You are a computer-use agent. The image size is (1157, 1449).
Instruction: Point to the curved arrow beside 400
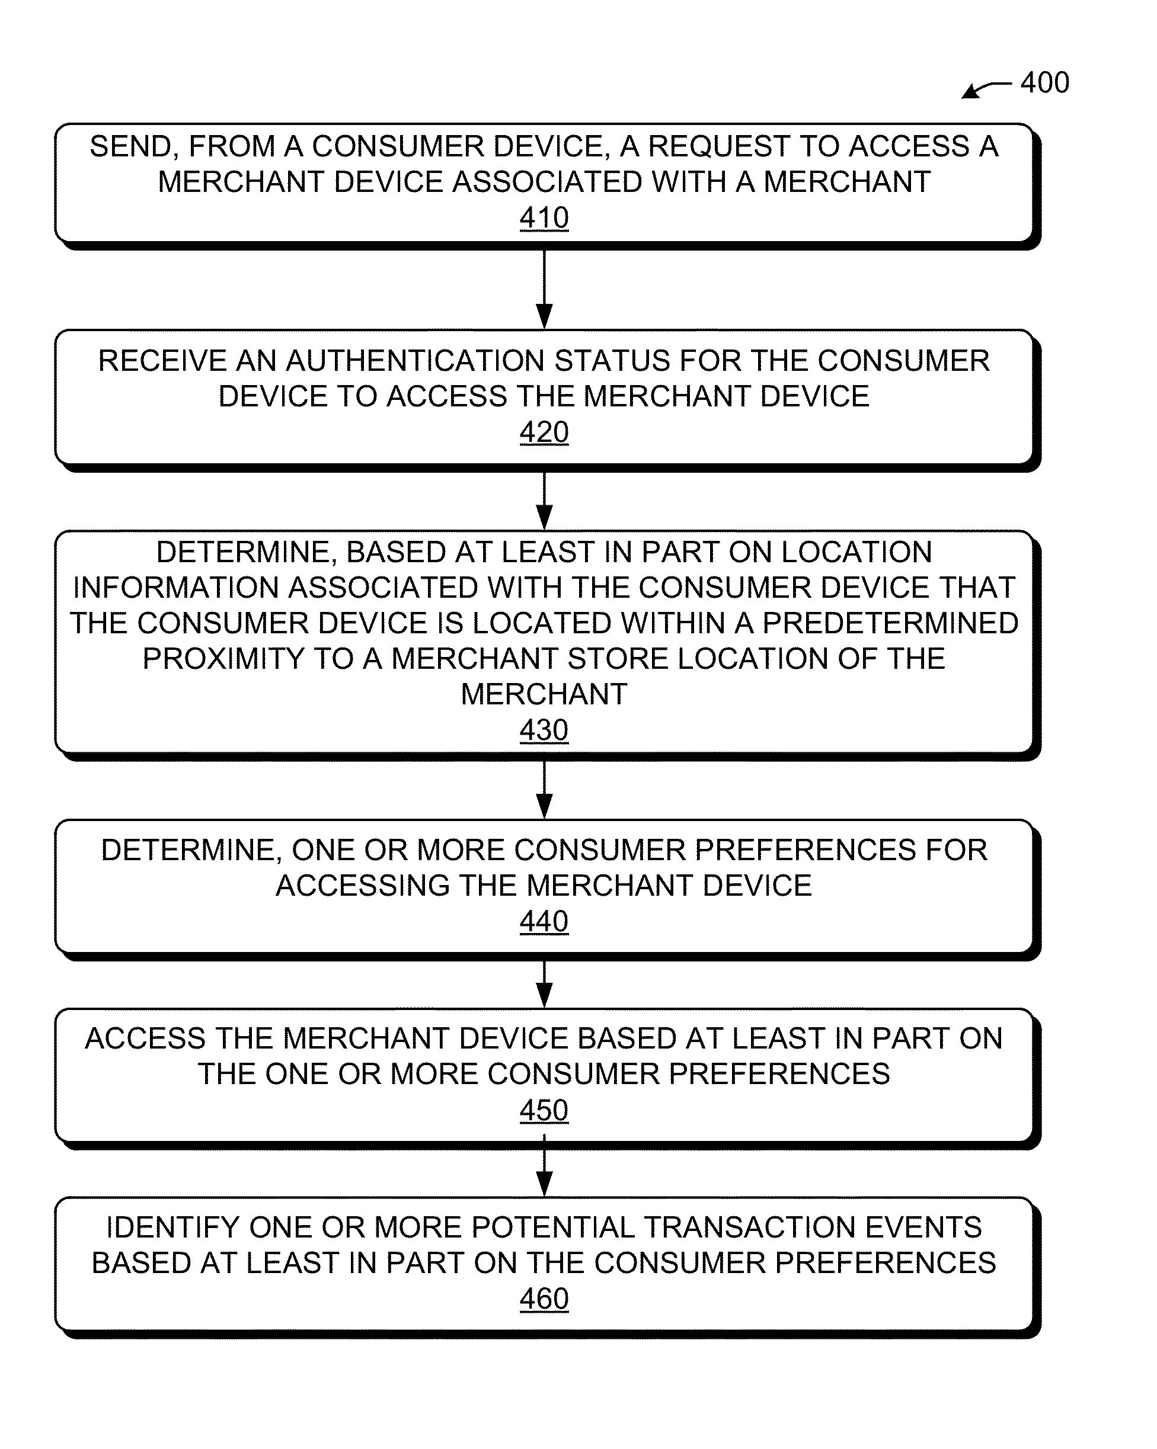point(987,89)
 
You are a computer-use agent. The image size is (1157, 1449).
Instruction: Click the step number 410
point(544,218)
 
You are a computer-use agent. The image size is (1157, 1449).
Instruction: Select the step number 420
point(544,432)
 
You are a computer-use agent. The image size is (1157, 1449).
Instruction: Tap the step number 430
point(544,730)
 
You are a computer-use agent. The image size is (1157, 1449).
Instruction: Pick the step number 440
point(544,921)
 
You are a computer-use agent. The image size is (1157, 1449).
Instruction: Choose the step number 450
point(544,1110)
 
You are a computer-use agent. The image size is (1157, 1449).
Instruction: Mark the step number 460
point(544,1299)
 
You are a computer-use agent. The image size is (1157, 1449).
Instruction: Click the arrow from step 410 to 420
point(544,290)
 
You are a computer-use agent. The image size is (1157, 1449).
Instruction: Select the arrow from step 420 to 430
point(544,501)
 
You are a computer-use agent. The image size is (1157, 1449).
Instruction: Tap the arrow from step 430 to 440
point(544,790)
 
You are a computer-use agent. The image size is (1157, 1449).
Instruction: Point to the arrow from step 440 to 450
point(544,985)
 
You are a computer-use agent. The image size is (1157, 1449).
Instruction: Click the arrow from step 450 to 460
point(544,1166)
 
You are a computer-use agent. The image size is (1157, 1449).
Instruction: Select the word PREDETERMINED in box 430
point(890,623)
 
